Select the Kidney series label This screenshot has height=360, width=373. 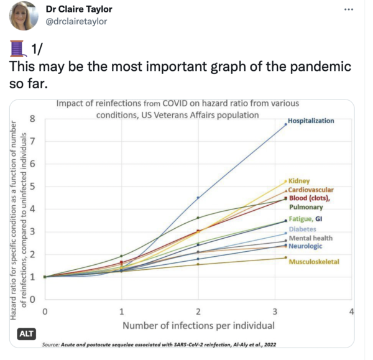(x=299, y=181)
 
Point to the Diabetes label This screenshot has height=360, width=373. (x=303, y=229)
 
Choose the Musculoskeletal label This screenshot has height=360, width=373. (x=314, y=262)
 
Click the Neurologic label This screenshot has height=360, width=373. (x=307, y=246)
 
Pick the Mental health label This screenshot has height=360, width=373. (x=311, y=238)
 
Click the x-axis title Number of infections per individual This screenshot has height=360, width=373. (x=198, y=325)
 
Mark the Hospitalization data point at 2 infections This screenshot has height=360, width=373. (x=198, y=198)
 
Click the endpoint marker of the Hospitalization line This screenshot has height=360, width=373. (x=285, y=124)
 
